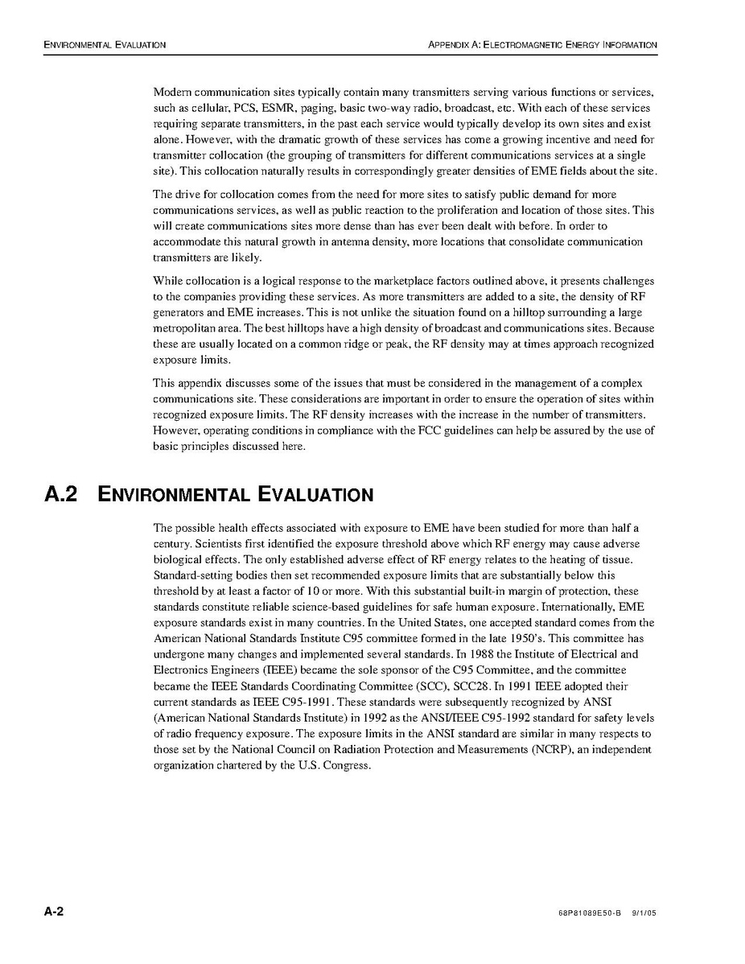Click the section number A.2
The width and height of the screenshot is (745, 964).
coord(61,494)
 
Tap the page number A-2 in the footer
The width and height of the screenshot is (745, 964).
coord(54,913)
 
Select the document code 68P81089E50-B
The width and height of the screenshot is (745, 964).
coord(590,915)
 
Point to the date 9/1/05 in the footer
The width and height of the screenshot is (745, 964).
coord(646,915)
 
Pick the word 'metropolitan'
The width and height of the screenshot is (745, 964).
coord(182,329)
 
